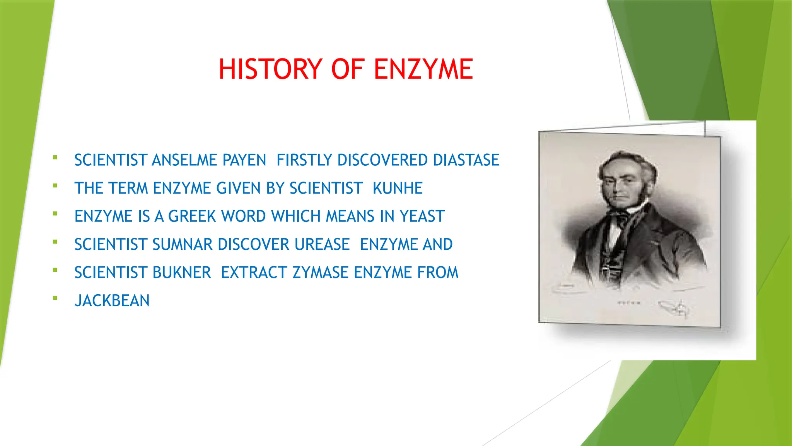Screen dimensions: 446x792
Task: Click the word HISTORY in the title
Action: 270,69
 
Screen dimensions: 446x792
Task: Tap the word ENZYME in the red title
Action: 423,69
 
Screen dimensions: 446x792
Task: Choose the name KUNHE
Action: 398,189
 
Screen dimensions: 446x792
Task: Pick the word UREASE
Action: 322,245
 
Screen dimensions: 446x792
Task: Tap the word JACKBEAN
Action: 112,301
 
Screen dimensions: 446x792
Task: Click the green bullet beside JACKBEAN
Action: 55,298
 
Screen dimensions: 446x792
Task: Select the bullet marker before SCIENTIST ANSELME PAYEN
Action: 55,158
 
